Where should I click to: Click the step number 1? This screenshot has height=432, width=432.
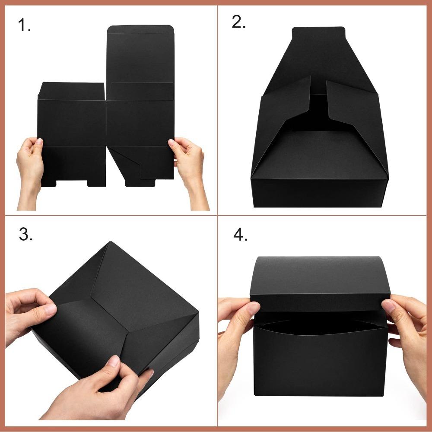(x=24, y=26)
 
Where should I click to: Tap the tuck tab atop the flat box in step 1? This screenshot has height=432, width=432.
(x=140, y=29)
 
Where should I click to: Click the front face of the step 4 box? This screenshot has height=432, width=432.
(x=320, y=363)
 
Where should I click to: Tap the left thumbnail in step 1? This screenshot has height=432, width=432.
(x=39, y=142)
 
